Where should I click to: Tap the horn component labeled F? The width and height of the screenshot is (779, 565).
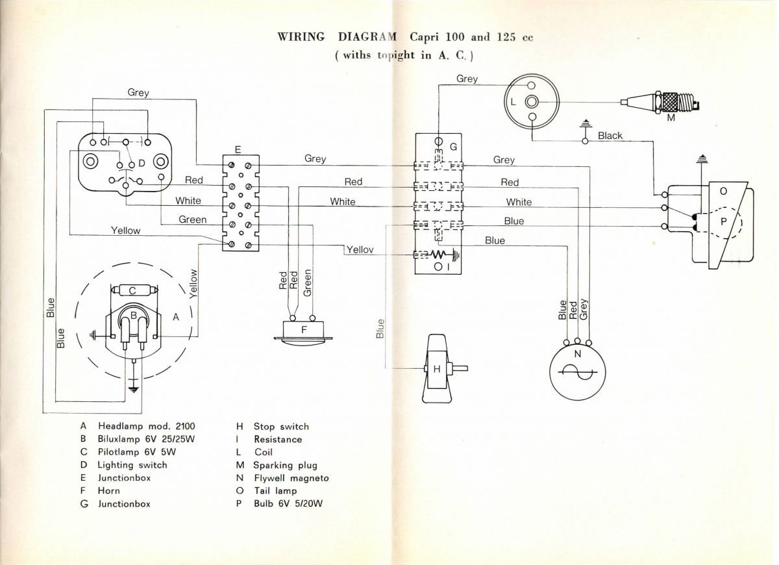303,329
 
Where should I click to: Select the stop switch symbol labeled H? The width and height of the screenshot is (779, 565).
437,369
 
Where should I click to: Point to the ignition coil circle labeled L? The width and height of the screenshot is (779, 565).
532,102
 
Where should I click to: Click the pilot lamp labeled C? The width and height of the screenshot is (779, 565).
132,290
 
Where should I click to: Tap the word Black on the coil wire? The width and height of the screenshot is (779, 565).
610,136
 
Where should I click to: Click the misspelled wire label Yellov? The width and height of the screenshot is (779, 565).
360,249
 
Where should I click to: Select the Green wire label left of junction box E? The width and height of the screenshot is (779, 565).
193,220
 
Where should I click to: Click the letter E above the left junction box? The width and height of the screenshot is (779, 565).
238,149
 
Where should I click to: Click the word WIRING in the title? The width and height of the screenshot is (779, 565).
301,36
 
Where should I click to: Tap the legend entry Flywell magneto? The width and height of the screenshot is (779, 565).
291,478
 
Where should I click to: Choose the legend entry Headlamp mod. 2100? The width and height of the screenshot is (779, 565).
146,427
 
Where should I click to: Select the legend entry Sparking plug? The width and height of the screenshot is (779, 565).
285,465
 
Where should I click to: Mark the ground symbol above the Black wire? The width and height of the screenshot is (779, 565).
585,124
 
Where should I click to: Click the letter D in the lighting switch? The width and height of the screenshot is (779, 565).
141,164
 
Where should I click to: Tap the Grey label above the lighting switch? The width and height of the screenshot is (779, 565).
138,93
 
